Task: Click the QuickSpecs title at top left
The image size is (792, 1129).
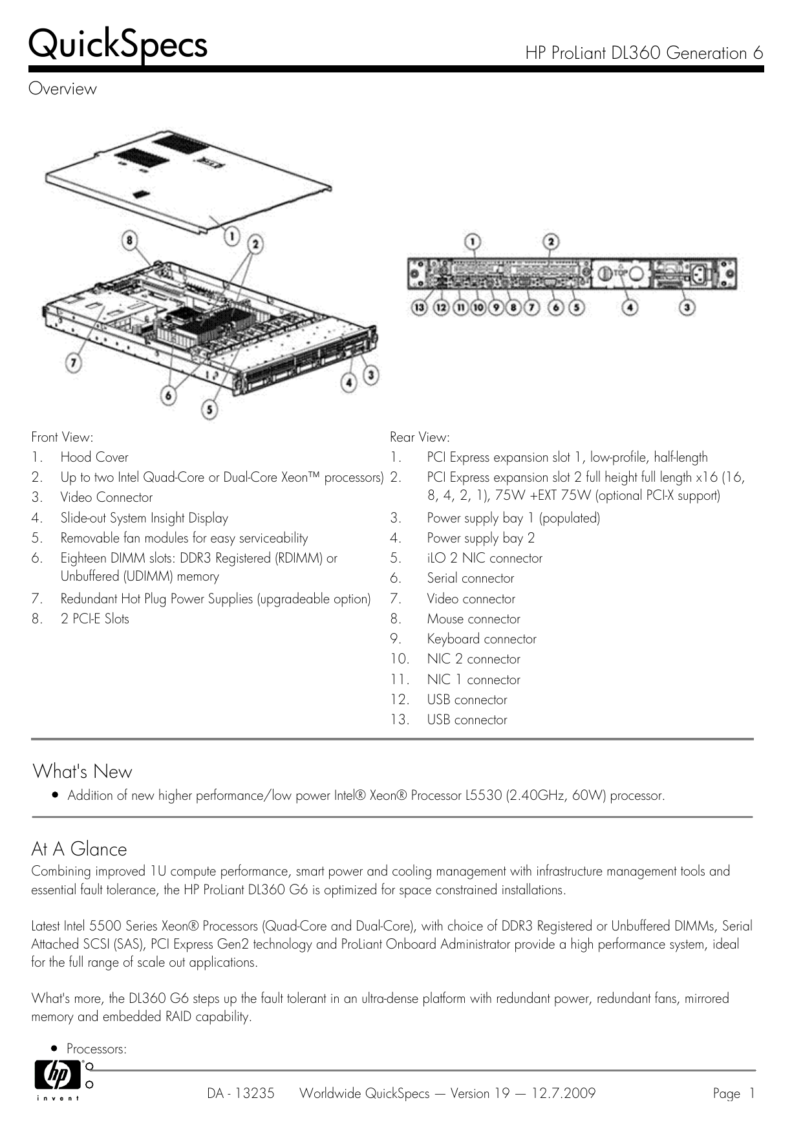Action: pyautogui.click(x=118, y=45)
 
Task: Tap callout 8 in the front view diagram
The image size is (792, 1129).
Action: pyautogui.click(x=131, y=241)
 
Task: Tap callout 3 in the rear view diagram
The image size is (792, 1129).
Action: pyautogui.click(x=687, y=308)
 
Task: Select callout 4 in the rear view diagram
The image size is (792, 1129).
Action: pyautogui.click(x=629, y=308)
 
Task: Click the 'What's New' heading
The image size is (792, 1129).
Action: pyautogui.click(x=82, y=771)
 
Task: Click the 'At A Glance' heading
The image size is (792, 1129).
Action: pyautogui.click(x=79, y=849)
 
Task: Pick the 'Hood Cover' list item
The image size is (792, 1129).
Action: pyautogui.click(x=94, y=457)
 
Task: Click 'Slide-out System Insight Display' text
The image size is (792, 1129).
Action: pyautogui.click(x=144, y=518)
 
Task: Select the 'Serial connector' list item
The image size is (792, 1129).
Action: pyautogui.click(x=470, y=578)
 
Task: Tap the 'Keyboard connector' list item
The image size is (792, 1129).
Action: pyautogui.click(x=481, y=639)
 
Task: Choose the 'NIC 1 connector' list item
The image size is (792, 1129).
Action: pyautogui.click(x=473, y=680)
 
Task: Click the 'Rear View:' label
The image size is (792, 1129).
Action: pyautogui.click(x=420, y=437)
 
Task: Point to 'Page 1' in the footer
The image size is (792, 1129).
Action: pyautogui.click(x=733, y=1093)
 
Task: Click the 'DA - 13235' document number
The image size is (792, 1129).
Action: pyautogui.click(x=241, y=1093)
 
